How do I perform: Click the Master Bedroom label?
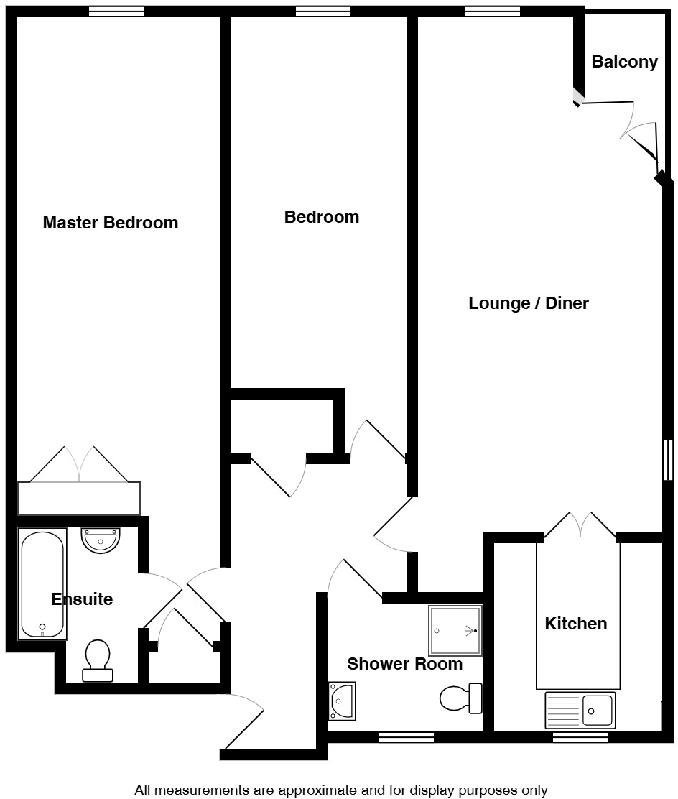click(110, 223)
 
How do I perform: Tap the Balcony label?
click(624, 63)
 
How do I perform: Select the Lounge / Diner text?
click(528, 303)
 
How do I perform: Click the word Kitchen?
click(575, 624)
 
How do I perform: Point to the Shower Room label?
click(404, 664)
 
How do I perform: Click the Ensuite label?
click(82, 599)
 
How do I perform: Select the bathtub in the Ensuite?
click(43, 584)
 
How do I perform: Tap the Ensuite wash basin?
click(101, 540)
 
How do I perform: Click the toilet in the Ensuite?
click(97, 660)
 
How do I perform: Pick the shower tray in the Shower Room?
click(455, 630)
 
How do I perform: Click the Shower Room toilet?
click(460, 698)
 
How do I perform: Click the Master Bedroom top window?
click(116, 11)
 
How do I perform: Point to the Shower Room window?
click(406, 736)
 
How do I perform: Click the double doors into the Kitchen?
click(580, 525)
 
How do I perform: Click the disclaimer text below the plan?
click(340, 790)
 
